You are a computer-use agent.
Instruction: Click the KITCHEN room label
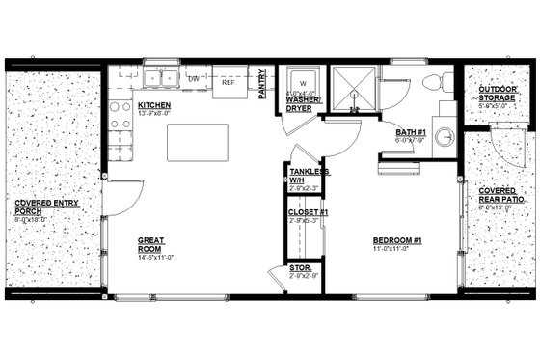pyautogui.click(x=155, y=104)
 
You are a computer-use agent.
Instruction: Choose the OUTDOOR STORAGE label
pyautogui.click(x=498, y=94)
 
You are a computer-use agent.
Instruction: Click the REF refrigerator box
pyautogui.click(x=229, y=83)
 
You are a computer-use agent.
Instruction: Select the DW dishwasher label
pyautogui.click(x=193, y=79)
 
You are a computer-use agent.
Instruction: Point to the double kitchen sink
pyautogui.click(x=160, y=78)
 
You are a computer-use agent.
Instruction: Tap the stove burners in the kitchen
pyautogui.click(x=120, y=115)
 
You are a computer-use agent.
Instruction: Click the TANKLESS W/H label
pyautogui.click(x=309, y=175)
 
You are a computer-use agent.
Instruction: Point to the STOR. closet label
pyautogui.click(x=300, y=270)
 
